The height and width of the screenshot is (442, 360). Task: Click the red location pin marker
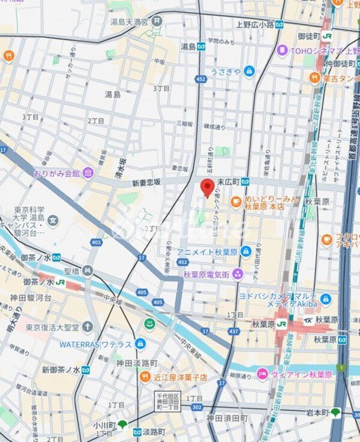[x=207, y=187]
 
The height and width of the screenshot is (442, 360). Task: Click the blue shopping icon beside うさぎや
[x=249, y=72]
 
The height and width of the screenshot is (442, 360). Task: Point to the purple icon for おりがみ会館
[x=88, y=173]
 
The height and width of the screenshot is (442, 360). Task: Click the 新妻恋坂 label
[x=147, y=182]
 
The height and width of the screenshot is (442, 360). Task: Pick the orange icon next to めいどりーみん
[x=236, y=201]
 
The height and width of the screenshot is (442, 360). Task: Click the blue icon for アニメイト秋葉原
[x=245, y=251]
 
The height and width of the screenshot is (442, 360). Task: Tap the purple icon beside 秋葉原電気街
[x=238, y=274]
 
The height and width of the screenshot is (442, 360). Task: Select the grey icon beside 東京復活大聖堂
[x=88, y=327]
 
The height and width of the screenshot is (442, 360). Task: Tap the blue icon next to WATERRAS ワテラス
[x=140, y=344]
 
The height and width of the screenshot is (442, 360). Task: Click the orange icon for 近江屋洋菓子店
[x=145, y=377]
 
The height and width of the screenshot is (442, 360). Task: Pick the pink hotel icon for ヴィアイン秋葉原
[x=262, y=374]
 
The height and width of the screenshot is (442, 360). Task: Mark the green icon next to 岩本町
[x=336, y=413]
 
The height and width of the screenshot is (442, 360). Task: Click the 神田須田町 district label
[x=227, y=417]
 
